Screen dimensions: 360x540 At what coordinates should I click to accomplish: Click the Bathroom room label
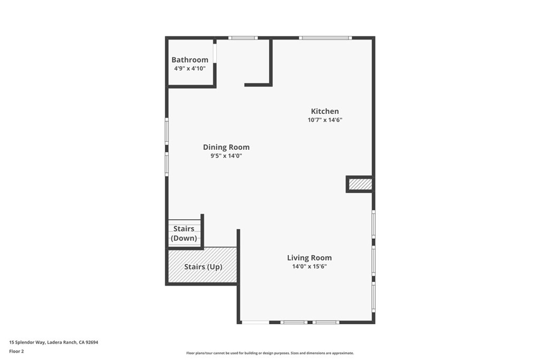(x=189, y=60)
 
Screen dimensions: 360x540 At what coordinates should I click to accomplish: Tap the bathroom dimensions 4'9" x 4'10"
(x=189, y=69)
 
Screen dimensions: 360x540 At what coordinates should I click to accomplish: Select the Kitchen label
(x=325, y=111)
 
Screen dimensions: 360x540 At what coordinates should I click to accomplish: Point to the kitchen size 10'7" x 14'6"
(x=325, y=120)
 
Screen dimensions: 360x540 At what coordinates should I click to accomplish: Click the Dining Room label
(x=226, y=147)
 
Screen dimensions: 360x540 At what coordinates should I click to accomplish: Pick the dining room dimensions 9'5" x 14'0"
(x=226, y=155)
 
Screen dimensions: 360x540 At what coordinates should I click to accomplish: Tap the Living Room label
(x=310, y=258)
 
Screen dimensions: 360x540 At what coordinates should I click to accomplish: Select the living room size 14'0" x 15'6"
(x=310, y=266)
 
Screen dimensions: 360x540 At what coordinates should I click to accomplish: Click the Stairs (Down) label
(x=184, y=233)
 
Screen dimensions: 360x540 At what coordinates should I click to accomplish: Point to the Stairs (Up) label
(x=203, y=267)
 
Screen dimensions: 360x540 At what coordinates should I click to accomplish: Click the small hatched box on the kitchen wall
(x=361, y=184)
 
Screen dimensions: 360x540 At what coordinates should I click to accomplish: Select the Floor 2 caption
(x=17, y=351)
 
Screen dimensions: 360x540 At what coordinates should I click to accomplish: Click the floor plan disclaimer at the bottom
(x=270, y=353)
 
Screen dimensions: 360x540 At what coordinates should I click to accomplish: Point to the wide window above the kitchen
(x=325, y=38)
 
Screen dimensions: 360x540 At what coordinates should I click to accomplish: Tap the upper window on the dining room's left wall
(x=167, y=132)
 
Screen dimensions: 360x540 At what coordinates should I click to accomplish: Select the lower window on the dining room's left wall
(x=167, y=164)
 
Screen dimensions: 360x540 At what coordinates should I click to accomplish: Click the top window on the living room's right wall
(x=373, y=225)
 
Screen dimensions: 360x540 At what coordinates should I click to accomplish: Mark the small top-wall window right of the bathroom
(x=243, y=38)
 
